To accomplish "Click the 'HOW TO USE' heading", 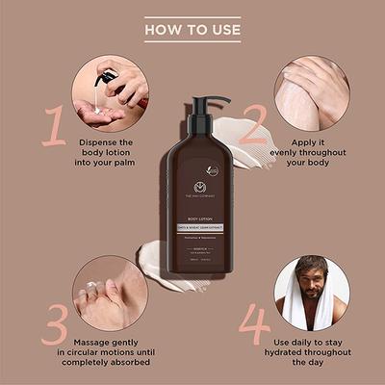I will tap(192, 30).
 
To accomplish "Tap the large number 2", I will tap(253, 124).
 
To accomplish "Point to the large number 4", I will tap(254, 326).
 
